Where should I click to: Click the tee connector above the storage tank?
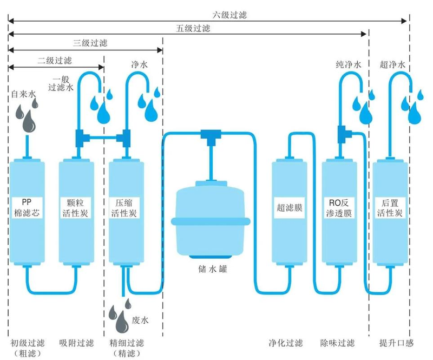click(208, 134)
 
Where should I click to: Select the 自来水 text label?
click(23, 94)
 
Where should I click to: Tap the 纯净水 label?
click(347, 65)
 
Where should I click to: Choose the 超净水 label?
click(392, 65)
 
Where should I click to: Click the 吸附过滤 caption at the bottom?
click(76, 343)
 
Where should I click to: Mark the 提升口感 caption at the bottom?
click(397, 343)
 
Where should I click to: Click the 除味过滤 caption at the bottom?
click(337, 343)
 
